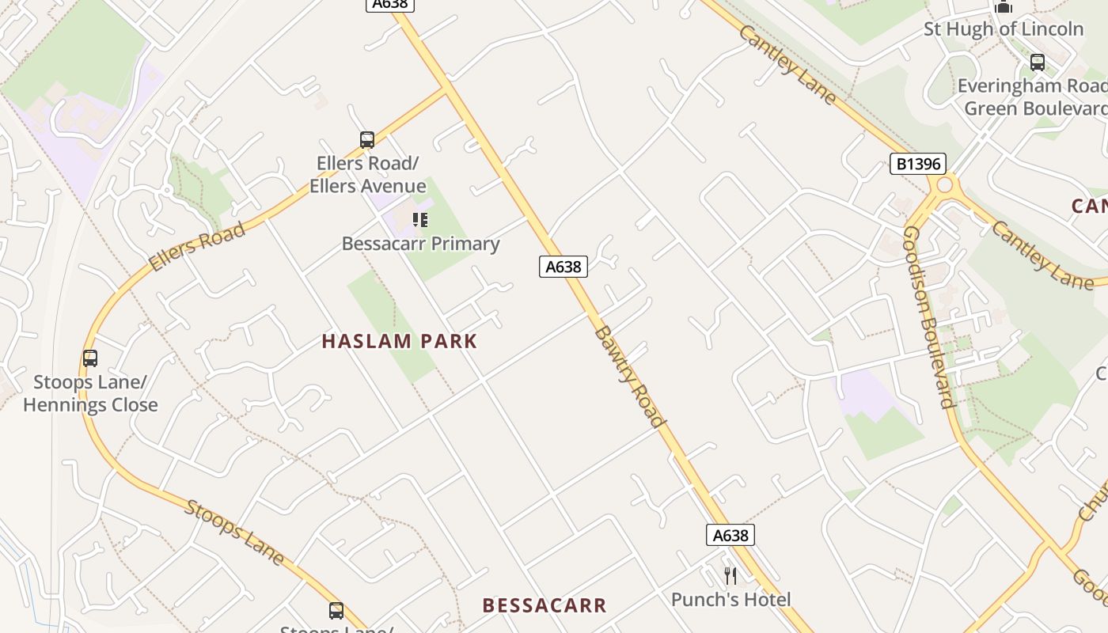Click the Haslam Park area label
point(400,341)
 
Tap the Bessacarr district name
point(545,605)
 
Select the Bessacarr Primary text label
point(420,244)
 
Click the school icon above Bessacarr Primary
point(420,220)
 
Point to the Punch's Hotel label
point(730,599)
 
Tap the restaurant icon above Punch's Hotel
point(730,575)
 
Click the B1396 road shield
point(918,164)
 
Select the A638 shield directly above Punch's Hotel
point(730,536)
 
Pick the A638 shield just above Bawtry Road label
point(563,267)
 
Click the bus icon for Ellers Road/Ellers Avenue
point(366,140)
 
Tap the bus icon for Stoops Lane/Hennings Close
point(90,358)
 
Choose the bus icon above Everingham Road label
point(1037,62)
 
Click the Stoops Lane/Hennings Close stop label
point(90,394)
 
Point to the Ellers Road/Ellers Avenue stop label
point(367,175)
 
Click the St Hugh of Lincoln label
point(1004,29)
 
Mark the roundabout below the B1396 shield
point(944,187)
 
